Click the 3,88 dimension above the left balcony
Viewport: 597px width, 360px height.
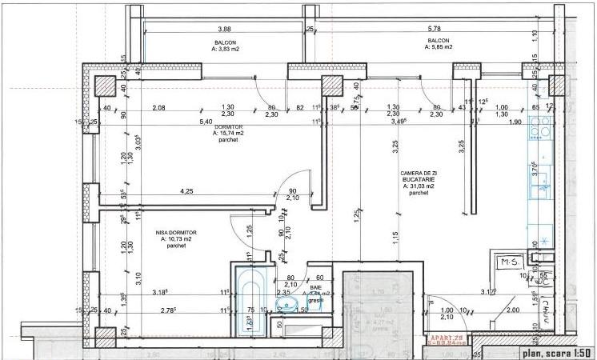(x=225, y=29)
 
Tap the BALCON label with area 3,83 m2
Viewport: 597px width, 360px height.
(x=226, y=45)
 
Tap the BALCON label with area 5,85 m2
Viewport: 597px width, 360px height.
(x=438, y=44)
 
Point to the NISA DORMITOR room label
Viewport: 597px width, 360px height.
(x=177, y=238)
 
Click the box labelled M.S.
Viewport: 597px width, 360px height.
(x=506, y=262)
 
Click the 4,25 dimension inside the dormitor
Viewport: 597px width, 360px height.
(x=187, y=191)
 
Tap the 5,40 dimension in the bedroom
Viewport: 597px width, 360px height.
(x=206, y=122)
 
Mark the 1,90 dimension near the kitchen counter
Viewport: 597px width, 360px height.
(x=515, y=122)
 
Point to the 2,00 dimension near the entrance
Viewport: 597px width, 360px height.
(x=511, y=310)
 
